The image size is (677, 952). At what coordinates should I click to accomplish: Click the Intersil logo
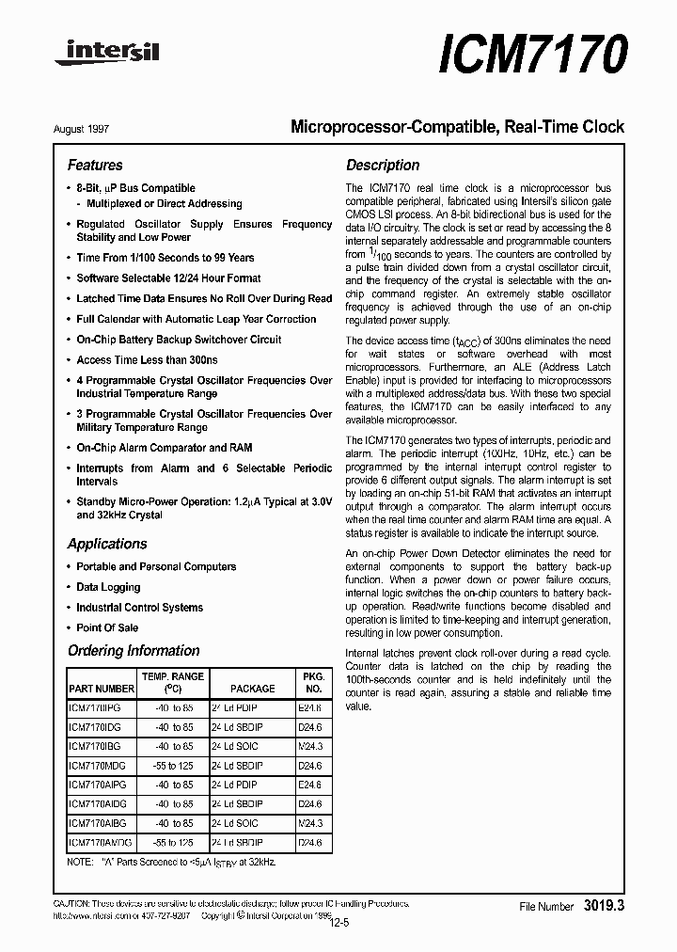107,54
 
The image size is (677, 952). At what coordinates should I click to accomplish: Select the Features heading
95,165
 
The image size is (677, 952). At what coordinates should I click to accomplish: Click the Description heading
383,165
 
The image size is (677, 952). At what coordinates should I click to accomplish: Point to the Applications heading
107,544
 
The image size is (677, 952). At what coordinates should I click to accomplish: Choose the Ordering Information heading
134,650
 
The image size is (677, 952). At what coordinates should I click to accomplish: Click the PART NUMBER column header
102,689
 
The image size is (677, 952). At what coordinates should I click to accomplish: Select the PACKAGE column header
252,689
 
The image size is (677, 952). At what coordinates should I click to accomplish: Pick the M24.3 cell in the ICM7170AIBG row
310,823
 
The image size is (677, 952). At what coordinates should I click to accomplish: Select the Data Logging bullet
108,587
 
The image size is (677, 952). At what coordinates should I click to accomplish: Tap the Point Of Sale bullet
107,627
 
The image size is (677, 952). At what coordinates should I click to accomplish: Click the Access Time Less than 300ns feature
147,360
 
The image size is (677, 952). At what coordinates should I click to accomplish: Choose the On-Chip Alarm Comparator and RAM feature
164,448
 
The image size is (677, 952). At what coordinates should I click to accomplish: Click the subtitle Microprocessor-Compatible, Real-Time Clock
457,127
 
